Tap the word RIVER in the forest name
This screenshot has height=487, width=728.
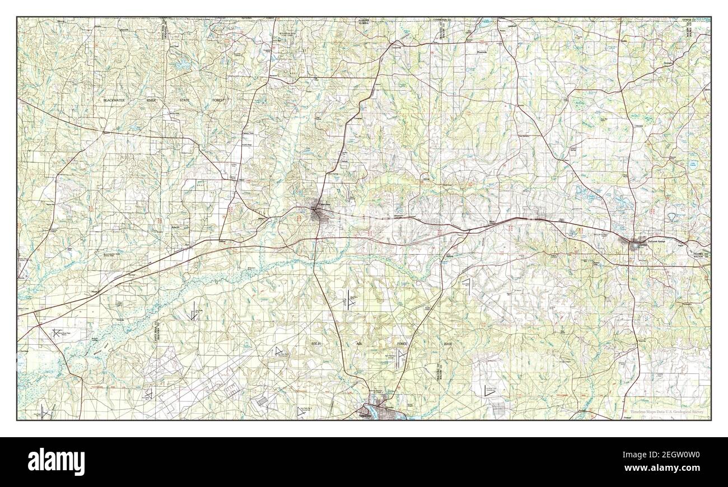pos(167,99)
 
